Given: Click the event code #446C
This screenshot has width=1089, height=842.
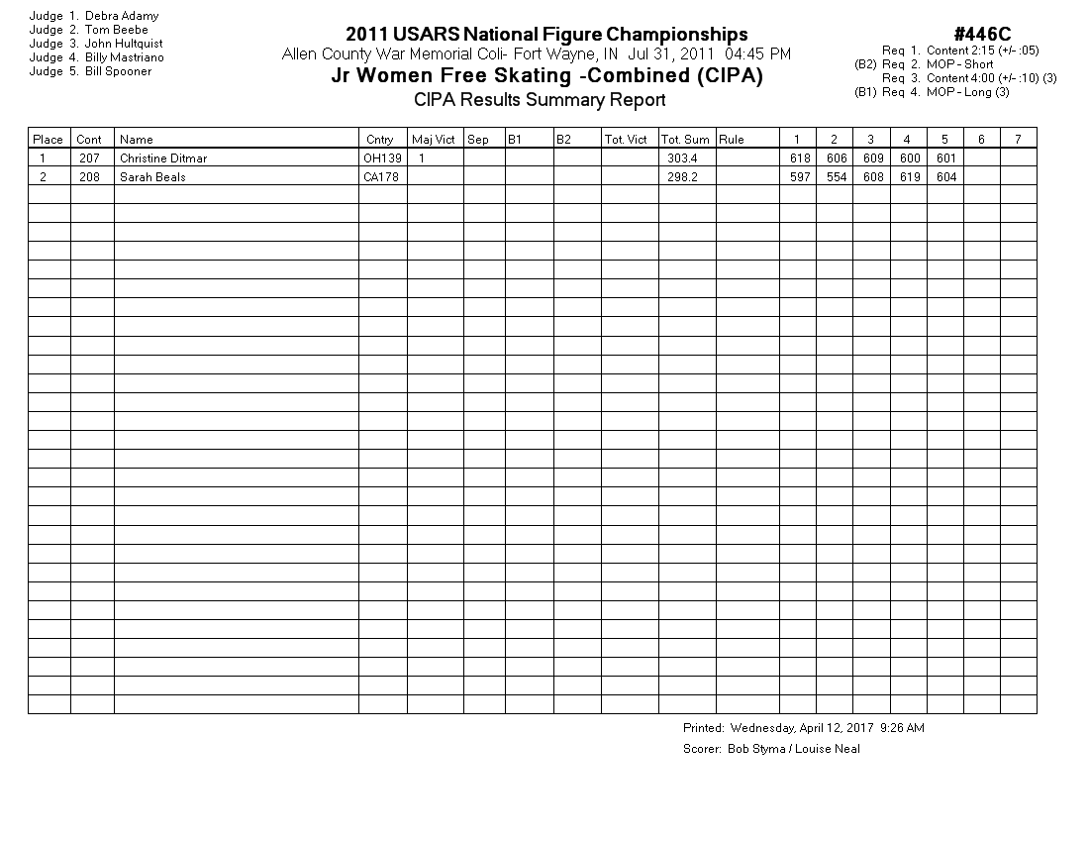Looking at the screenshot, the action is click(x=982, y=35).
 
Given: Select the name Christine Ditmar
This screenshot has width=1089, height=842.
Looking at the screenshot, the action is click(x=163, y=158).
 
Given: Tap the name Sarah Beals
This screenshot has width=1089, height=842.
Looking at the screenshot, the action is click(x=152, y=177).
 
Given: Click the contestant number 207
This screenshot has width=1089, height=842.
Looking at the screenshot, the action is click(x=89, y=158).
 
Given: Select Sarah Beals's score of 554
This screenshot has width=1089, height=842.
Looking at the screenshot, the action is click(x=835, y=177).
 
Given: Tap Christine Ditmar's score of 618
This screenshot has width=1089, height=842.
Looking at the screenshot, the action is click(x=799, y=158).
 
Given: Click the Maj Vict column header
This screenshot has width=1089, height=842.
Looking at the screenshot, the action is click(x=434, y=140).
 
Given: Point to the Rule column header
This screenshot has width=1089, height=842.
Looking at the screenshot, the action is click(x=732, y=140).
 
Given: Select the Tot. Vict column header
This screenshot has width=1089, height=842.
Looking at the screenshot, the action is click(x=626, y=140).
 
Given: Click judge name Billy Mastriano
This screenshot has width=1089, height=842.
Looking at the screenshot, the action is click(x=125, y=57).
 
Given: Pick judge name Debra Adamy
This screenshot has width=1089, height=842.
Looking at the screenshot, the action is click(x=122, y=16).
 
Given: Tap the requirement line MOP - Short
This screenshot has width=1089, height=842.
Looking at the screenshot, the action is click(x=960, y=64).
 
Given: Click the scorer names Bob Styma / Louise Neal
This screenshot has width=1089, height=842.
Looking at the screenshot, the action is click(x=794, y=749).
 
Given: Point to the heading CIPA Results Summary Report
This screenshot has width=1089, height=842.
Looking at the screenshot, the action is click(x=540, y=100).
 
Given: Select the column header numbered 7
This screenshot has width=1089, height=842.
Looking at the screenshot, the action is click(x=1018, y=140).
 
